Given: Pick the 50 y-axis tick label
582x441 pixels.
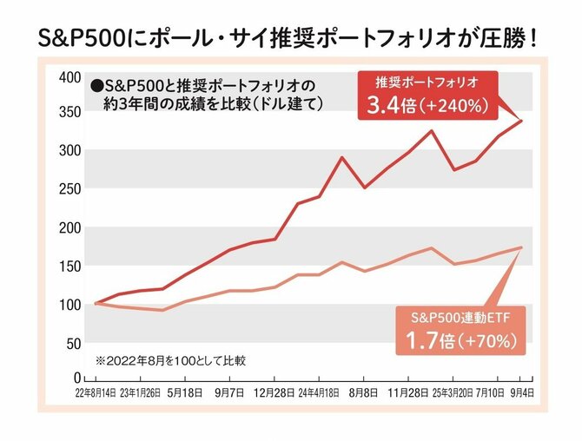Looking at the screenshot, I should tap(72, 342).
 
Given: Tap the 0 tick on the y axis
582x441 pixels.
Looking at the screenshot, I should tap(76, 379).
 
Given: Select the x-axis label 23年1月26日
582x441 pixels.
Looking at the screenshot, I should tap(139, 392).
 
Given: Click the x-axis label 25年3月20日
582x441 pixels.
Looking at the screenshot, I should tap(453, 392).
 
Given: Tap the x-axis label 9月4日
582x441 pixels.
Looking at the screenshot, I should tap(522, 392).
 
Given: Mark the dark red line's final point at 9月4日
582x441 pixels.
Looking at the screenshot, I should tap(522, 120).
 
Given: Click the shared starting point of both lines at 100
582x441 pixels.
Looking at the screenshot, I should tap(95, 304).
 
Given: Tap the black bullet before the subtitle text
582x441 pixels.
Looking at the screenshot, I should tap(96, 86).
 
